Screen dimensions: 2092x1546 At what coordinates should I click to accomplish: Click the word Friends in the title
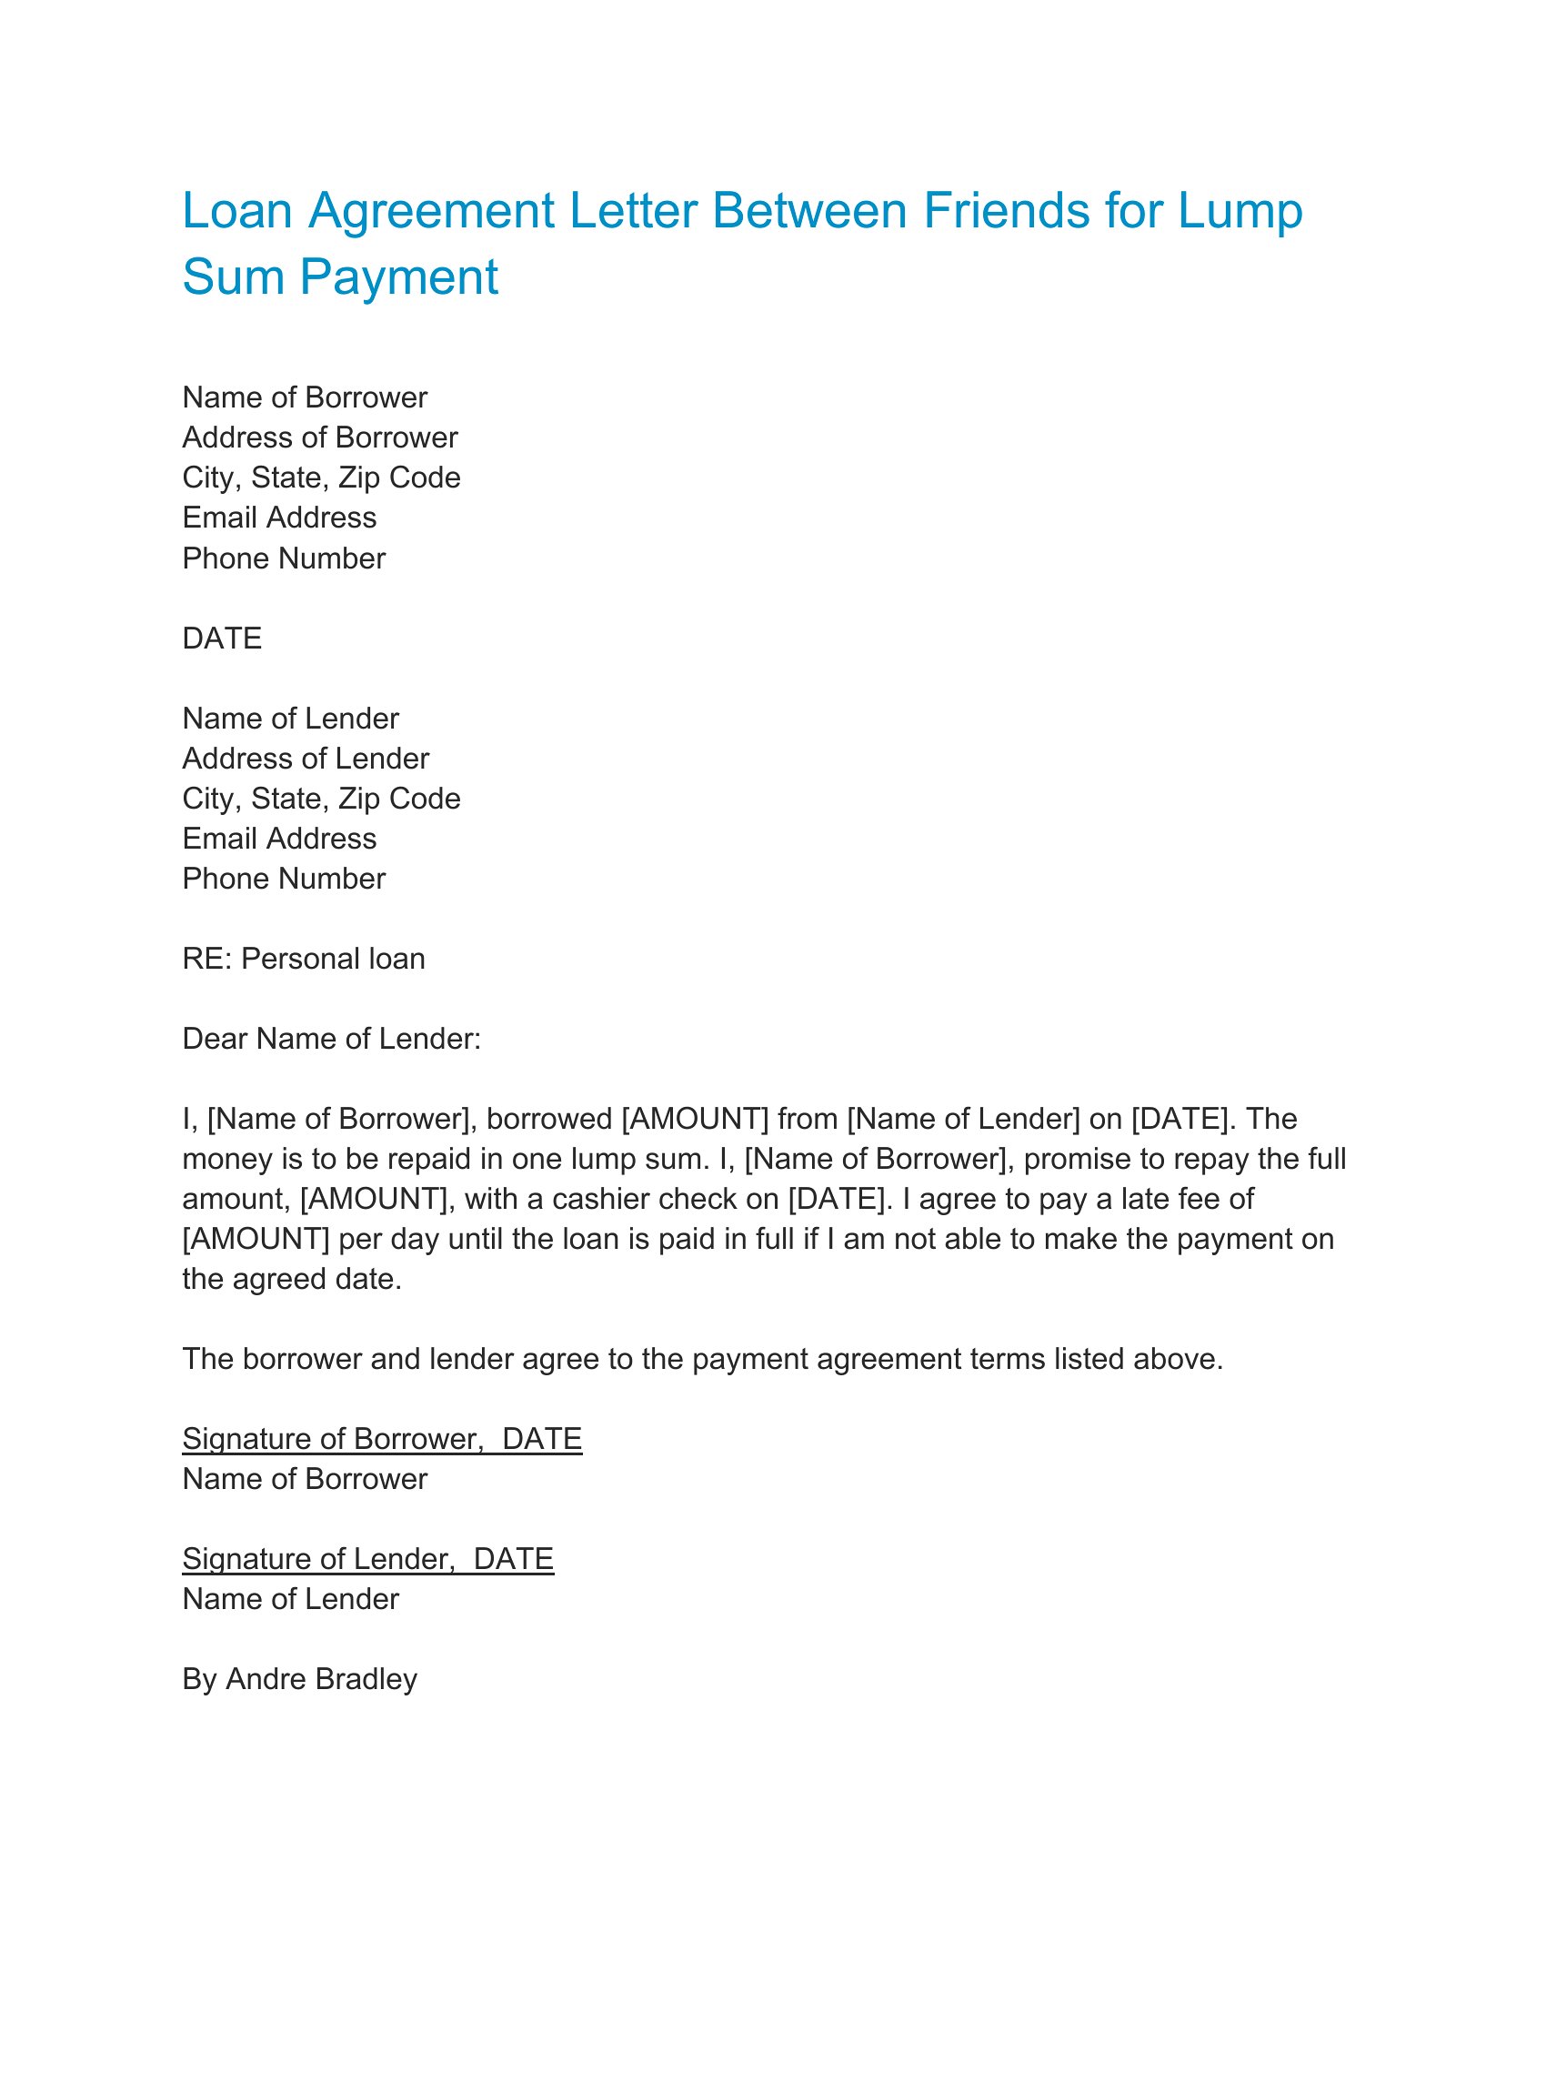pos(1006,211)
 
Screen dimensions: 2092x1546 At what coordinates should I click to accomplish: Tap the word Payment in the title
pos(398,277)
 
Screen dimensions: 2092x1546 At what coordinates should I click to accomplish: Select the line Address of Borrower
pos(319,438)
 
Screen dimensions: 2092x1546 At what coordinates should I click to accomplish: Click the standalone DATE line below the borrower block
pos(222,639)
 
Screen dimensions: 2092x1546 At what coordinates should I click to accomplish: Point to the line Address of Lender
pos(305,759)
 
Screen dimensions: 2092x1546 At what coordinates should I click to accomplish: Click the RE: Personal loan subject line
pos(303,959)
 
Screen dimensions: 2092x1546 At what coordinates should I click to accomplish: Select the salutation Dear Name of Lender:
pos(331,1039)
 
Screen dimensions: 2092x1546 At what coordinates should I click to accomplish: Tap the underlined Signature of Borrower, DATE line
pos(382,1439)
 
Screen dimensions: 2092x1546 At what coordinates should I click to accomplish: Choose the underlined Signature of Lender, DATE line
pos(367,1558)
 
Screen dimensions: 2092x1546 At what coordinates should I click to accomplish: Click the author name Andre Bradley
pos(321,1679)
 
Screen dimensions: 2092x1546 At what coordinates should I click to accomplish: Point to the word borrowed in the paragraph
pos(548,1119)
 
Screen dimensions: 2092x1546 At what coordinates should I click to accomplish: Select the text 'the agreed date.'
pos(292,1280)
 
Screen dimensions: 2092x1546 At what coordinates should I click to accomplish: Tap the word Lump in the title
pos(1240,211)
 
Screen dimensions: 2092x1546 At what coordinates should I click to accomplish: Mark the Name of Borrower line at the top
pos(304,397)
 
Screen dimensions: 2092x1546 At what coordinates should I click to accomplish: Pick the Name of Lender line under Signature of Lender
pos(290,1599)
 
